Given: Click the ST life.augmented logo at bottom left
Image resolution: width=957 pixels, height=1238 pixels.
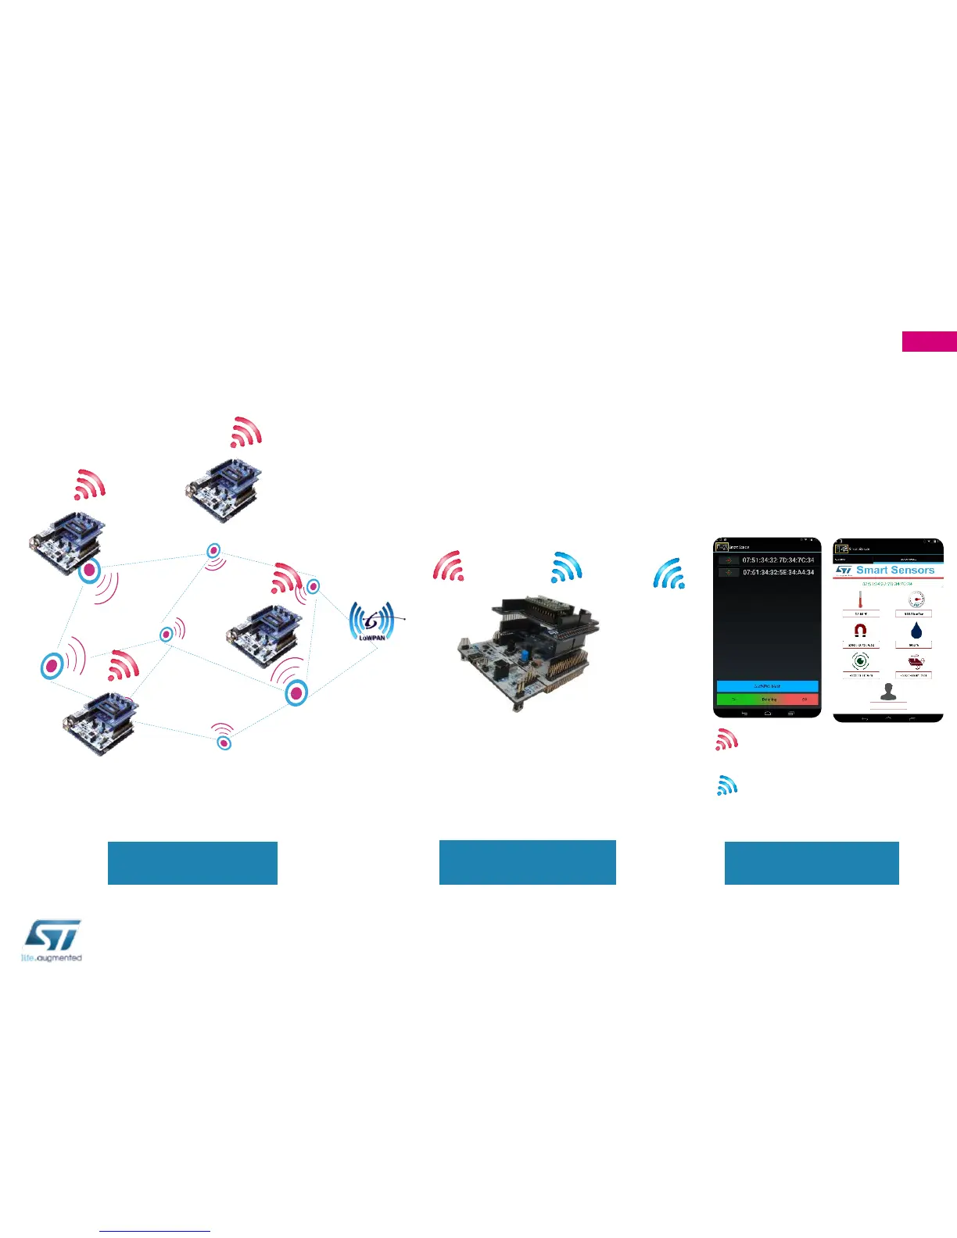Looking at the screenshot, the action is (x=52, y=940).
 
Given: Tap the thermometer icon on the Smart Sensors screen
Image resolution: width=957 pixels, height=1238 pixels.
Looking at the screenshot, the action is (x=860, y=601).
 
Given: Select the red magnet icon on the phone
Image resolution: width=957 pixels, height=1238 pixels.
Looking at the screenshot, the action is (x=860, y=631).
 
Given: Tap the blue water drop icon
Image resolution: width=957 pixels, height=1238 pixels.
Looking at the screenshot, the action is (x=916, y=631).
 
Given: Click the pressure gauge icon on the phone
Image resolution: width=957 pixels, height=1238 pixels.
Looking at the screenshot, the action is (x=916, y=600).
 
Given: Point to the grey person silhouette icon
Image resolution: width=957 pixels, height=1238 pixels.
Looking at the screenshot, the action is (x=887, y=692).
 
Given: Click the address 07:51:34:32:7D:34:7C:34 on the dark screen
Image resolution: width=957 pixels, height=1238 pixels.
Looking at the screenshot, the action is (x=778, y=560).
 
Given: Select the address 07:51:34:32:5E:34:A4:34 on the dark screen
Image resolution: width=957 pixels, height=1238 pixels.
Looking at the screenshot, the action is (x=778, y=572).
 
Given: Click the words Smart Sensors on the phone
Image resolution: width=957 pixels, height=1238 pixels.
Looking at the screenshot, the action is (x=895, y=571).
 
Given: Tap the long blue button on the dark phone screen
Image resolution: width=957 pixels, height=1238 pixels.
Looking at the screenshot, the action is (x=767, y=686).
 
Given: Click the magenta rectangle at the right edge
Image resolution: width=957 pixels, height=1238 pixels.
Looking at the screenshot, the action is (x=929, y=342).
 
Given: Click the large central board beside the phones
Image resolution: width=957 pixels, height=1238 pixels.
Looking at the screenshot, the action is (x=528, y=653).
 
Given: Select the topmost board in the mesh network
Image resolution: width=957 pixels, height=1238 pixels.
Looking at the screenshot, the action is (x=224, y=490).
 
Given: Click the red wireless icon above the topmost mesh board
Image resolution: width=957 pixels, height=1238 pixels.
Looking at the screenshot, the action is (x=246, y=432).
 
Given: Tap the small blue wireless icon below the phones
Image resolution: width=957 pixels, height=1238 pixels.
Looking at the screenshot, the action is (x=727, y=785).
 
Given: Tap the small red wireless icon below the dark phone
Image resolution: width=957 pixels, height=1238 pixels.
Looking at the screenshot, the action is (x=726, y=739).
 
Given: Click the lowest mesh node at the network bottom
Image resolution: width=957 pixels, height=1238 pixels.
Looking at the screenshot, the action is (x=224, y=742).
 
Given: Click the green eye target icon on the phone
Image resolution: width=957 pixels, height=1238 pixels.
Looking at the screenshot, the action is (x=860, y=661).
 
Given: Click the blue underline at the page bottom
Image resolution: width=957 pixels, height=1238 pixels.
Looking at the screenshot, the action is (x=155, y=1231).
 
